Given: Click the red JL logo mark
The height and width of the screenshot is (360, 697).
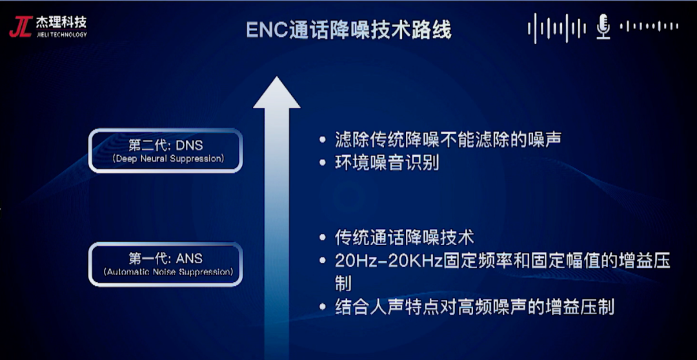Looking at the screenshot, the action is [x=21, y=26].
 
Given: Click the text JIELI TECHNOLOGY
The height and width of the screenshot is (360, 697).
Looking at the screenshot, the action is [x=61, y=34].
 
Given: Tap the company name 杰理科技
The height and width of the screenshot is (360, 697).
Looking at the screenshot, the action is [x=61, y=22].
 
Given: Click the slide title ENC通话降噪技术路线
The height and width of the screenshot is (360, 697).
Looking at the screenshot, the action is [x=348, y=31].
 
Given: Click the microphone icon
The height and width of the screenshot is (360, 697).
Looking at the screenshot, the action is [x=603, y=26].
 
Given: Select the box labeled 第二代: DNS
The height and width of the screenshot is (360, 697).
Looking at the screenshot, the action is [x=165, y=150].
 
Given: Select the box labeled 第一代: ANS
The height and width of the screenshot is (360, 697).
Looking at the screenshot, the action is [x=165, y=265].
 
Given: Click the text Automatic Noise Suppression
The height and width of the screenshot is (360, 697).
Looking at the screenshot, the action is [x=168, y=271].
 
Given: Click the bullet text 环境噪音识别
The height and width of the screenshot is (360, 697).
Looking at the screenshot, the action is [x=387, y=163].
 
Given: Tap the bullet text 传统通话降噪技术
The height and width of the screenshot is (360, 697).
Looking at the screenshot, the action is [x=405, y=238].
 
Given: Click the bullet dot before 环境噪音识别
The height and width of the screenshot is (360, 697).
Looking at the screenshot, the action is [x=323, y=164].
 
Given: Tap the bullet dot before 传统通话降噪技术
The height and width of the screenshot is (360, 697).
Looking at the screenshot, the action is [x=323, y=238].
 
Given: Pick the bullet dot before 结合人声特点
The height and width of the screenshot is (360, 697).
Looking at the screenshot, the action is [x=323, y=308].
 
